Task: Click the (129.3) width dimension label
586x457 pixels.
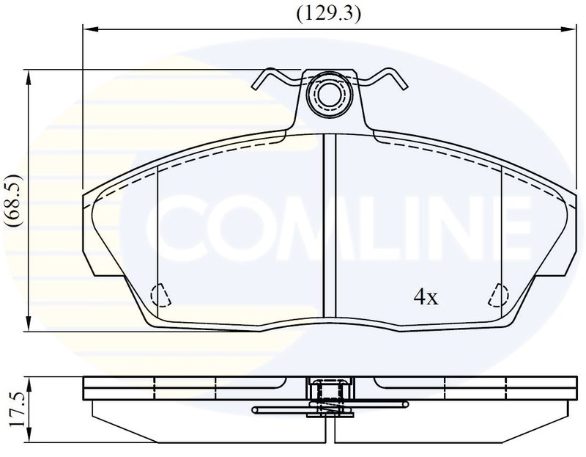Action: [329, 14]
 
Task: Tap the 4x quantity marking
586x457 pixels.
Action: [426, 298]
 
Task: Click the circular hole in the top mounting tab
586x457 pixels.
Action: [329, 95]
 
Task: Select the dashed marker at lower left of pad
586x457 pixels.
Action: [160, 296]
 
